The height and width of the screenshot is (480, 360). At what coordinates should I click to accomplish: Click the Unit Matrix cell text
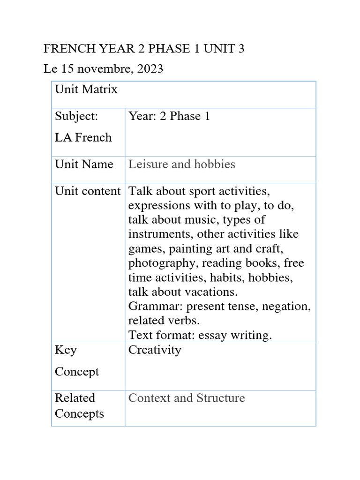click(86, 89)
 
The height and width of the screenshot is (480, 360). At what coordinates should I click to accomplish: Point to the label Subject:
click(76, 116)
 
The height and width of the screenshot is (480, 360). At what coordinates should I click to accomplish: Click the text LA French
click(83, 138)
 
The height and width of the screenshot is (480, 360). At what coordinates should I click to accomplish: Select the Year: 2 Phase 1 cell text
click(169, 116)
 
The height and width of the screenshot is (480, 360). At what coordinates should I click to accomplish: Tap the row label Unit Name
click(84, 165)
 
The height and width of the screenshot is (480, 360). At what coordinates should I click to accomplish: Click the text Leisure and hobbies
click(181, 165)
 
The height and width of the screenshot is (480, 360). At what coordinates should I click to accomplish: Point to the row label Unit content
click(88, 191)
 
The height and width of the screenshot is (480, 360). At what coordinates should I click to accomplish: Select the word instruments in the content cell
click(160, 234)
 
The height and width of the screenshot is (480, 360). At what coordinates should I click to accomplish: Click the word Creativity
click(155, 350)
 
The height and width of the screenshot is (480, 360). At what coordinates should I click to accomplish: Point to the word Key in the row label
click(66, 350)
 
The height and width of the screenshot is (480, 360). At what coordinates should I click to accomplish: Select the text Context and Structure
click(187, 398)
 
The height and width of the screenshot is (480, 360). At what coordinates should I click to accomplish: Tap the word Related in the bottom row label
click(75, 398)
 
